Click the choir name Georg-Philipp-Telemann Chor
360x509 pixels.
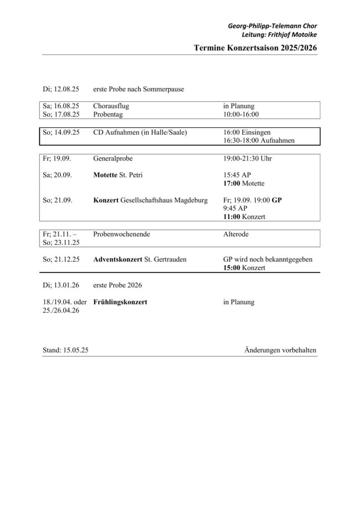[x=272, y=25]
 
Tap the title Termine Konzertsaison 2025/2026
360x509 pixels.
[x=256, y=48]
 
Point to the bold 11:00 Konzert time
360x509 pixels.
[x=244, y=217]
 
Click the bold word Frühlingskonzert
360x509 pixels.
[x=120, y=302]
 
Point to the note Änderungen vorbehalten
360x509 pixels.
[x=280, y=350]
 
